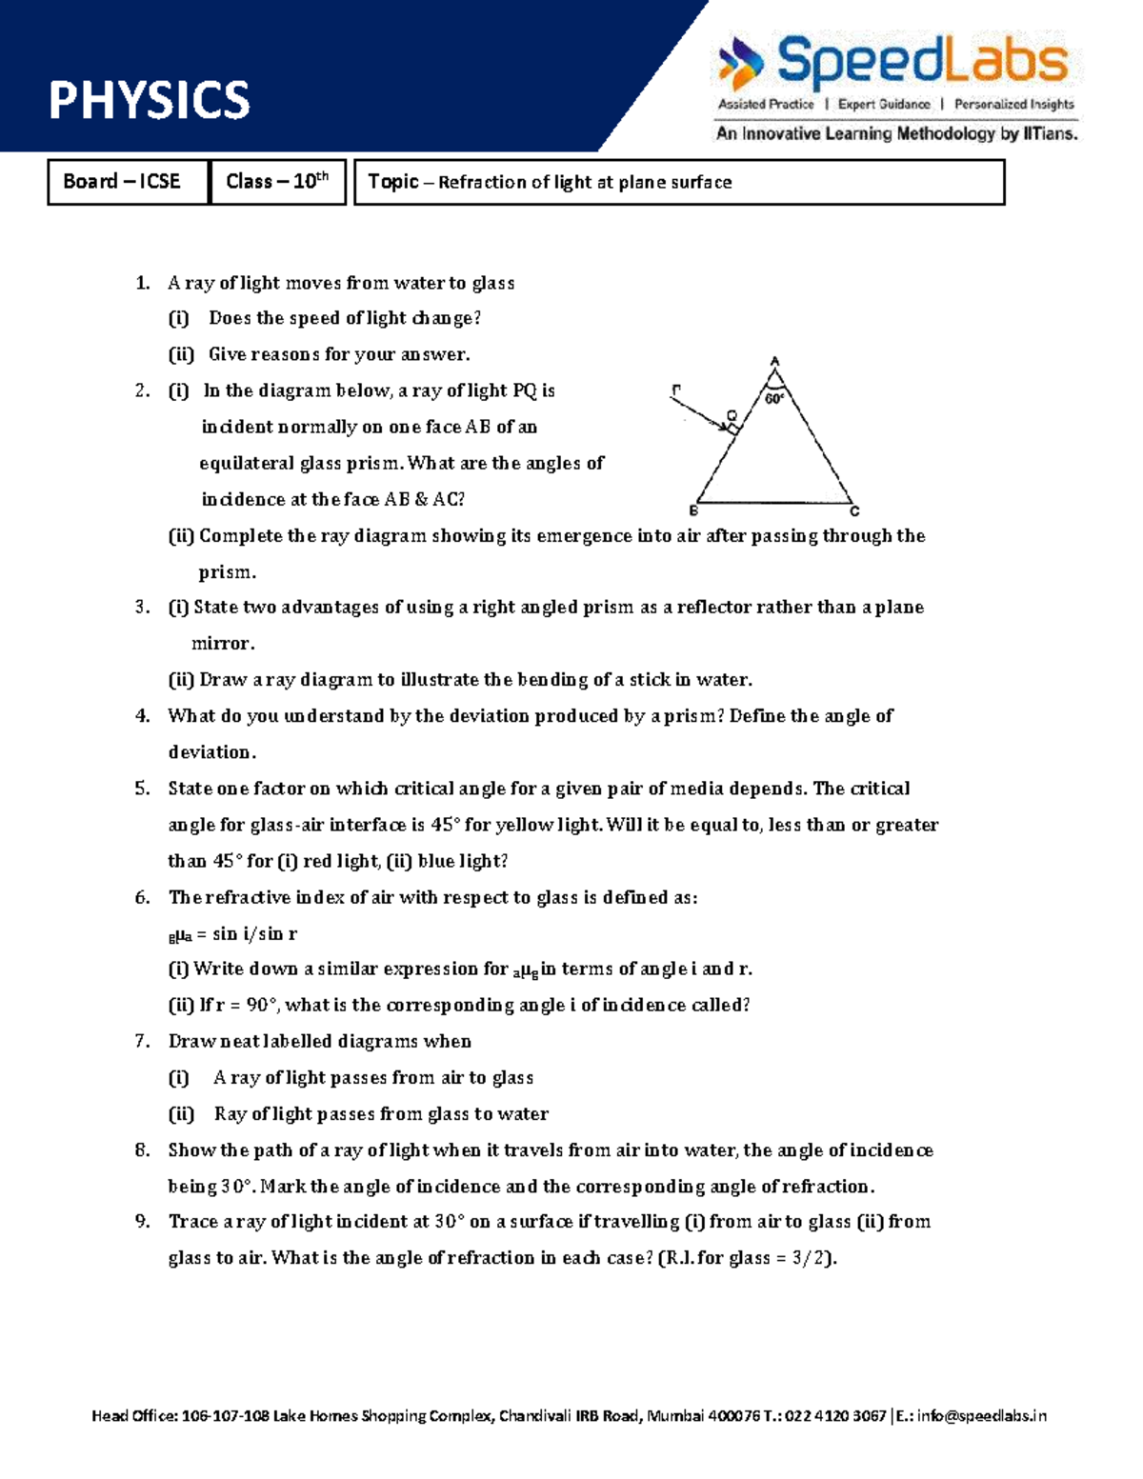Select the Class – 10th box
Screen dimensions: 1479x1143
click(x=276, y=181)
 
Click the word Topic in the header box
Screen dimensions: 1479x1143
click(x=393, y=181)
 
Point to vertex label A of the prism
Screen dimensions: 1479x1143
click(x=775, y=361)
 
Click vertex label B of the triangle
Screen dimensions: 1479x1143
click(x=693, y=511)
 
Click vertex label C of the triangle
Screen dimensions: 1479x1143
click(x=854, y=511)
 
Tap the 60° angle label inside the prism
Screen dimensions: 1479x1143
click(x=774, y=399)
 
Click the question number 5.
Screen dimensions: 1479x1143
click(x=142, y=789)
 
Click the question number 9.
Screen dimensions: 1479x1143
click(x=142, y=1222)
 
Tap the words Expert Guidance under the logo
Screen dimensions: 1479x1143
click(x=883, y=105)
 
